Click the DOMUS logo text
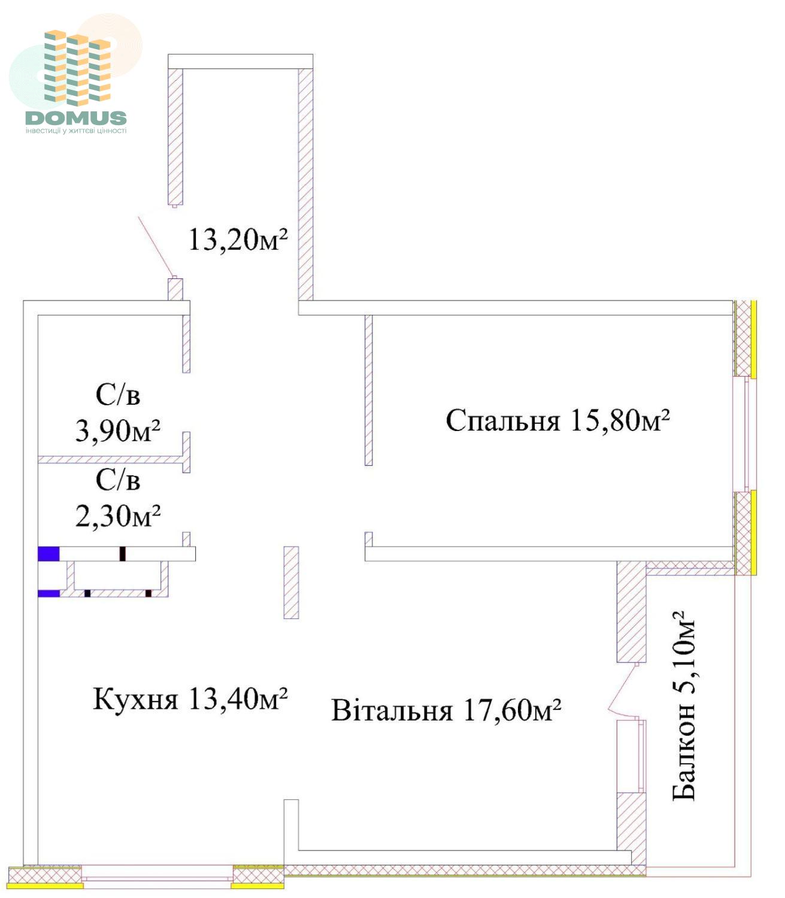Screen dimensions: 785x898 tap(76, 117)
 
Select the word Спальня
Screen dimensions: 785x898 tap(503, 420)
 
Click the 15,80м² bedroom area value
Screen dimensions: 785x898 tap(620, 420)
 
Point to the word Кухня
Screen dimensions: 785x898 tap(135, 699)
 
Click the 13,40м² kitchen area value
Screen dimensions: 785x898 tap(238, 699)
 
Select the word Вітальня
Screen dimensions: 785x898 tap(392, 710)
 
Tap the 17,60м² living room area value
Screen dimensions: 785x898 tap(512, 710)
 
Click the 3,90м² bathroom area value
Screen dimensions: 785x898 tap(118, 430)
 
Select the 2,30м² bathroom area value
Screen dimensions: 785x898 tap(118, 515)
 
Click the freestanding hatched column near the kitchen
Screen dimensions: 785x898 tap(291, 583)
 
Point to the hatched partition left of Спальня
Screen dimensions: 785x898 tap(369, 390)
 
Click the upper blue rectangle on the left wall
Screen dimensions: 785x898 tap(49, 554)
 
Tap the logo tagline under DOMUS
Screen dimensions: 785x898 tap(76, 131)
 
